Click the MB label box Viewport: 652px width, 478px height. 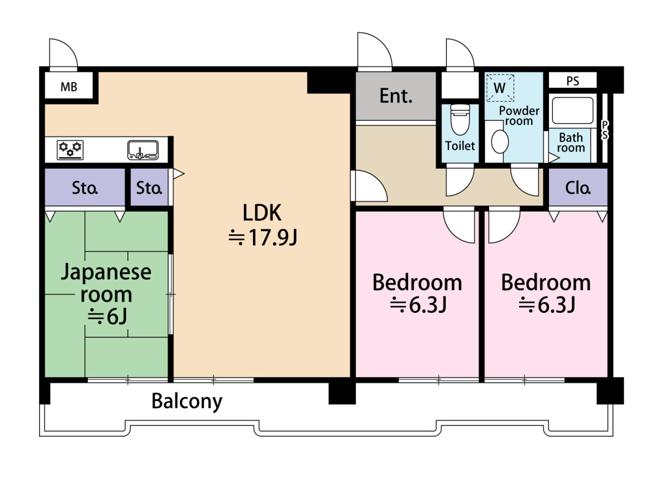pyautogui.click(x=68, y=86)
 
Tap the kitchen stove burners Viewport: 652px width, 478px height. pyautogui.click(x=70, y=150)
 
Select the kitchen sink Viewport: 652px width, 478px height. pyautogui.click(x=143, y=150)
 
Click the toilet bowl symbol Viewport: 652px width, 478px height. pyautogui.click(x=460, y=120)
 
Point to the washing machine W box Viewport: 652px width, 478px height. pyautogui.click(x=500, y=88)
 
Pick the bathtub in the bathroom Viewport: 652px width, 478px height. pyautogui.click(x=573, y=110)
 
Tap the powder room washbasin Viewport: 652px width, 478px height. pyautogui.click(x=499, y=141)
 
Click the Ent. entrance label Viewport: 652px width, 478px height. pyautogui.click(x=396, y=96)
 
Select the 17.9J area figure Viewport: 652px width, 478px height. pyautogui.click(x=263, y=238)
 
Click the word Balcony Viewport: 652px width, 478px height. pyautogui.click(x=187, y=401)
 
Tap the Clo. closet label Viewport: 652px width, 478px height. pyautogui.click(x=578, y=188)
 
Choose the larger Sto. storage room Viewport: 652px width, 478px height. pyautogui.click(x=85, y=187)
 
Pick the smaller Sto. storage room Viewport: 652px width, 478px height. pyautogui.click(x=149, y=187)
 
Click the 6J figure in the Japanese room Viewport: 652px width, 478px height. pyautogui.click(x=107, y=317)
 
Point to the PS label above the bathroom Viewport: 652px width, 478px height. pyautogui.click(x=573, y=81)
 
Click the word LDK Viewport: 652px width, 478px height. pyautogui.click(x=262, y=213)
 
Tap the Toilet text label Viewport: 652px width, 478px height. pyautogui.click(x=460, y=146)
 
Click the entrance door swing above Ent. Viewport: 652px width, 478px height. pyautogui.click(x=375, y=50)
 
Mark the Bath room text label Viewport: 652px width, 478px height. pyautogui.click(x=571, y=143)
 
